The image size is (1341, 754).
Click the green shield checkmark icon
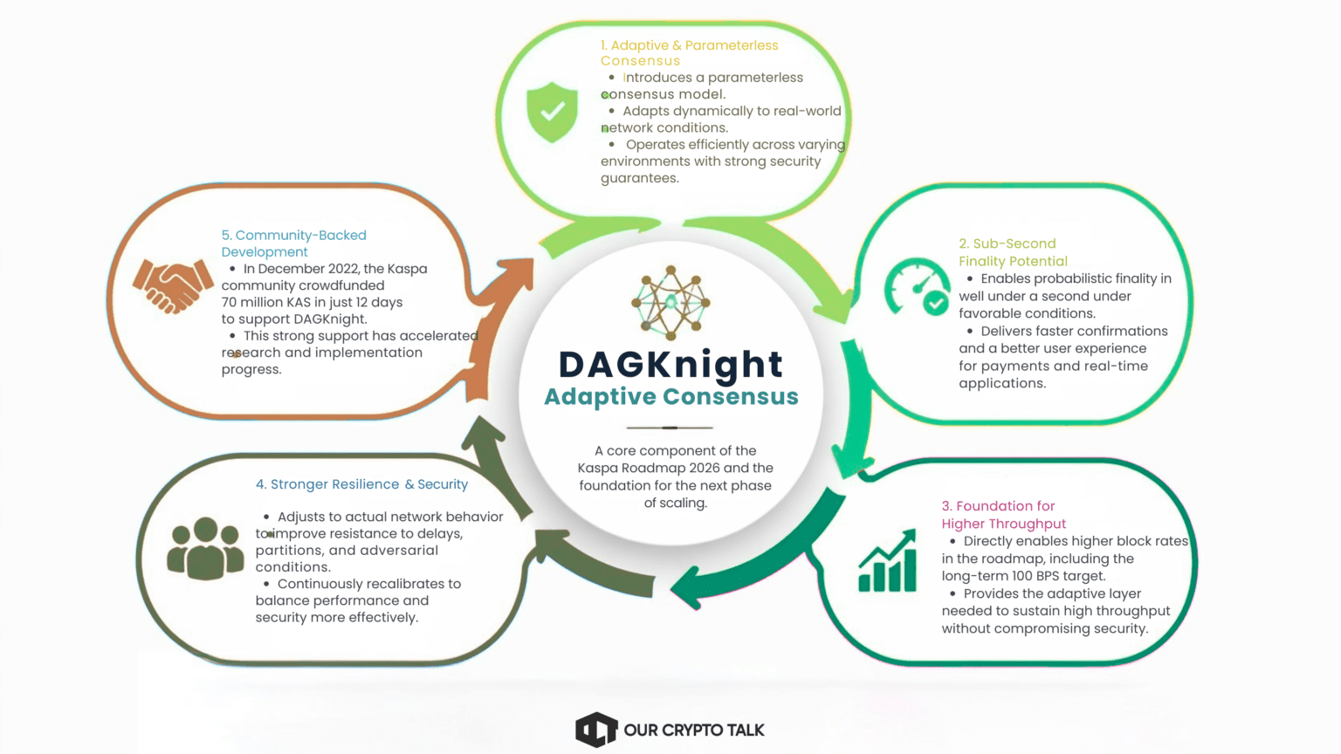coord(552,112)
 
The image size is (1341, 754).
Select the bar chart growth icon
coord(887,562)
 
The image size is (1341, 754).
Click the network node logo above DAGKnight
coord(670,302)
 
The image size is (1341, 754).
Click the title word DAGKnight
coord(670,364)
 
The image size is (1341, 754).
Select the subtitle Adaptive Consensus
coord(670,397)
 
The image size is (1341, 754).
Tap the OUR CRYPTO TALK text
coord(694,730)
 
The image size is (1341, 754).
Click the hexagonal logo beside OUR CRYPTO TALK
coord(596,730)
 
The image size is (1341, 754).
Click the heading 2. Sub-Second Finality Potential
coord(1012,252)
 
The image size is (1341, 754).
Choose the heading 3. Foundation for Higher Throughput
coord(1003,515)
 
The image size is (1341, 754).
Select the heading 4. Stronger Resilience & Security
coord(361,484)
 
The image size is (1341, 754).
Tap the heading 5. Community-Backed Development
coord(293,243)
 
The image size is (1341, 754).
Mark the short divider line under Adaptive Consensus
coord(670,428)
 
